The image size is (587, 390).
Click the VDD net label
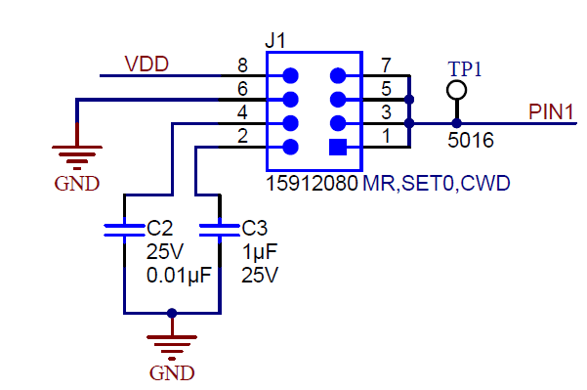(x=147, y=65)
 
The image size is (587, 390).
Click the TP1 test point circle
(x=456, y=90)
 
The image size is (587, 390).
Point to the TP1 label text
(x=466, y=67)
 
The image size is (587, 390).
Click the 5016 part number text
(x=470, y=141)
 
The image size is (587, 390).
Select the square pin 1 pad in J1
(x=338, y=148)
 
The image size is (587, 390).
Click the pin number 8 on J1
(x=242, y=66)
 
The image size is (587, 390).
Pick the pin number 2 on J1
(x=242, y=137)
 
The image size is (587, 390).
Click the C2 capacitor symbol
(x=125, y=230)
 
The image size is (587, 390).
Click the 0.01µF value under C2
(x=179, y=276)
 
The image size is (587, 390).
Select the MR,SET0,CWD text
(x=438, y=184)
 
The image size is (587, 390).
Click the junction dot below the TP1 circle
(x=456, y=123)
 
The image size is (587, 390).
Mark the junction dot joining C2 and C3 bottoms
(x=172, y=313)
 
